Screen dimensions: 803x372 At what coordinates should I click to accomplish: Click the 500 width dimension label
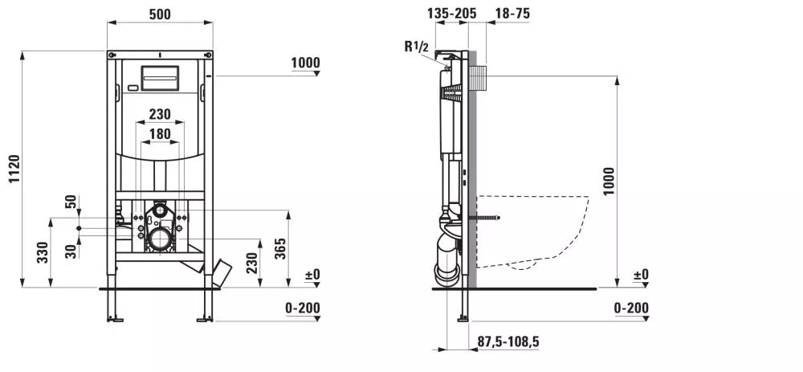pyautogui.click(x=160, y=14)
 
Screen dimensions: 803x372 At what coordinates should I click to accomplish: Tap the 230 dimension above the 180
pyautogui.click(x=160, y=114)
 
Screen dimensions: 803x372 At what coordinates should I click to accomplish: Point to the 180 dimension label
pyautogui.click(x=160, y=133)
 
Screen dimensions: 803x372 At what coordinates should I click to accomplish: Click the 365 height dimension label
pyautogui.click(x=280, y=248)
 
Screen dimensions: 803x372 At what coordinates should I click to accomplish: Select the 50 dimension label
pyautogui.click(x=71, y=202)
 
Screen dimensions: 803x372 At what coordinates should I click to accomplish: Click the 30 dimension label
pyautogui.click(x=71, y=251)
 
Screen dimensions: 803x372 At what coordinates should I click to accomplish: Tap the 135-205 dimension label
pyautogui.click(x=451, y=14)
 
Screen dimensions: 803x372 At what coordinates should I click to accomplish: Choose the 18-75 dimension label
pyautogui.click(x=512, y=14)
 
